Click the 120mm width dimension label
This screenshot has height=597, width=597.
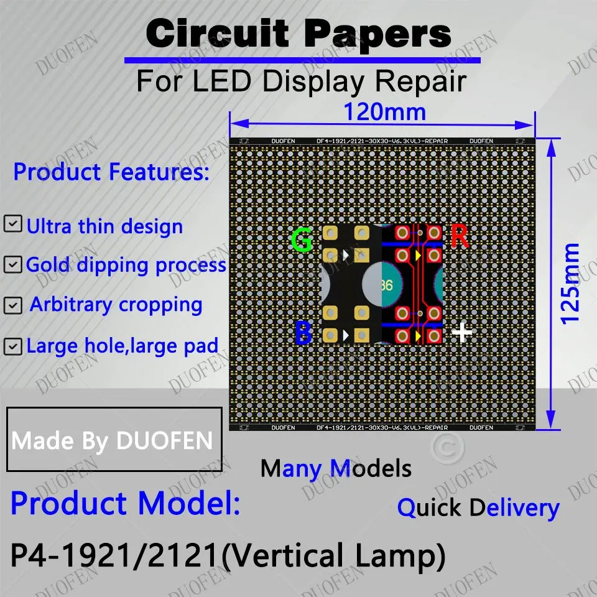[385, 113]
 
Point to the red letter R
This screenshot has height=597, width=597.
[460, 237]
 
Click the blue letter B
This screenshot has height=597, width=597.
[303, 333]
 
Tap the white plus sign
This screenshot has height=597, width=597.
[462, 332]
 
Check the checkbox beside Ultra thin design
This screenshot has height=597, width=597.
[12, 224]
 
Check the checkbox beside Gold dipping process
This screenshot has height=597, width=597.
[12, 264]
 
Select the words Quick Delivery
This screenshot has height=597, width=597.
[478, 508]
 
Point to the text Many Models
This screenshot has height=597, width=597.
[336, 468]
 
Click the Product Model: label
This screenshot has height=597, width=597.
[125, 503]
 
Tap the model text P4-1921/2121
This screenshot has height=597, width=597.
[116, 555]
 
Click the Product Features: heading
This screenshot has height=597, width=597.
[111, 172]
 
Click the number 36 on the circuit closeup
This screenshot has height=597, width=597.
[385, 285]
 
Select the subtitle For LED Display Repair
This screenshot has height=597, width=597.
[301, 81]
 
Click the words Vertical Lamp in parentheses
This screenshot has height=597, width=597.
[334, 555]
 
